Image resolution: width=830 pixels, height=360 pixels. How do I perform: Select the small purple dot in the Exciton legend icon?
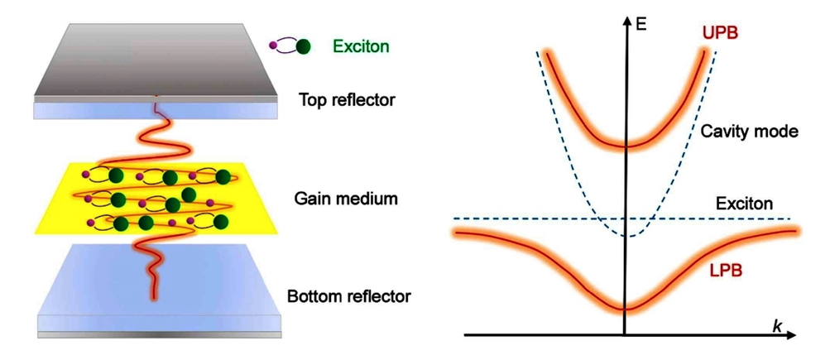pyautogui.click(x=273, y=46)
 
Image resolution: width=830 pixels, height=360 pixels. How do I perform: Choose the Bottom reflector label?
pyautogui.click(x=348, y=295)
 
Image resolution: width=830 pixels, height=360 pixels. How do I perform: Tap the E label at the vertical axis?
pyautogui.click(x=641, y=22)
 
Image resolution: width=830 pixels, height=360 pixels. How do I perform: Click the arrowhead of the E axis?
pyautogui.click(x=626, y=21)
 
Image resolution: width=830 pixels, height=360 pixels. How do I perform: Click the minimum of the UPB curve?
pyautogui.click(x=626, y=146)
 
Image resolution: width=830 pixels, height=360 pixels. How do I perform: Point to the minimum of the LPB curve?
pyautogui.click(x=626, y=310)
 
